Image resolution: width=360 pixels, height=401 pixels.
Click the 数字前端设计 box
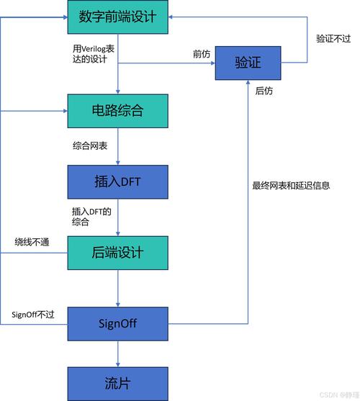(117, 17)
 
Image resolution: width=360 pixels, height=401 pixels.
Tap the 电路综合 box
(117, 111)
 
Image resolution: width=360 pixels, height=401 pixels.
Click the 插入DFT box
(117, 181)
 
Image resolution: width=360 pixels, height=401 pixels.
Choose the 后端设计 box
(117, 252)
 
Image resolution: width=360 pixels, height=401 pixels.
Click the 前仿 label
(201, 54)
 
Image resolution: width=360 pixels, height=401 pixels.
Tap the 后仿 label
(264, 92)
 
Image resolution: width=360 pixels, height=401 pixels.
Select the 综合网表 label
(89, 146)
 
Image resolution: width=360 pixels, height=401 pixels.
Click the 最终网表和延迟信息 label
(291, 185)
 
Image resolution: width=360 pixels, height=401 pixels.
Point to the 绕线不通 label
(32, 242)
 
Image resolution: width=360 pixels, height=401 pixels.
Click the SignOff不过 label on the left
(33, 315)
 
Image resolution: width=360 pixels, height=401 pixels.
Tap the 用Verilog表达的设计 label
(89, 54)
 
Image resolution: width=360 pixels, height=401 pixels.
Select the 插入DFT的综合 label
(89, 217)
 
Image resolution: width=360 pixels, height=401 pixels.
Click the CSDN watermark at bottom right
(338, 395)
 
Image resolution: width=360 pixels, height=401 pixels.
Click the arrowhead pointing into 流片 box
(117, 363)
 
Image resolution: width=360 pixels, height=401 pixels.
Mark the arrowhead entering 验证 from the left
(212, 63)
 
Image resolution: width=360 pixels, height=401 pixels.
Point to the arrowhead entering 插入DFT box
(117, 163)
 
